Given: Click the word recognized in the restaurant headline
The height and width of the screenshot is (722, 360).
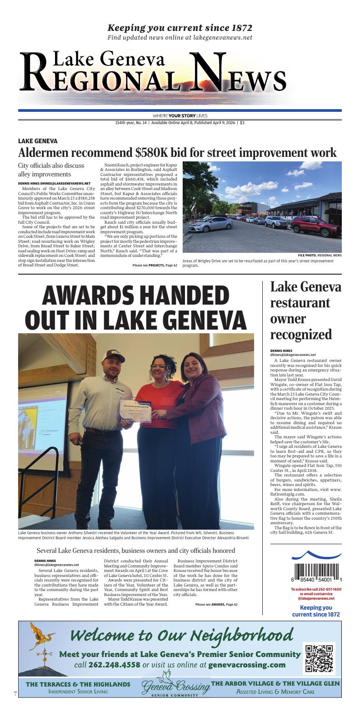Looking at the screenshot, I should pos(301,335).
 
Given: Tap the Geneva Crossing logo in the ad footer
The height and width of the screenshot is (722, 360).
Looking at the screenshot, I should pos(175,687).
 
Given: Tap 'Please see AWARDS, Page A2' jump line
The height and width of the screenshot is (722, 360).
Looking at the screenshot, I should pos(216,604).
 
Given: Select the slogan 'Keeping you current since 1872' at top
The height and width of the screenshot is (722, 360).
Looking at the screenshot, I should pos(180,28).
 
